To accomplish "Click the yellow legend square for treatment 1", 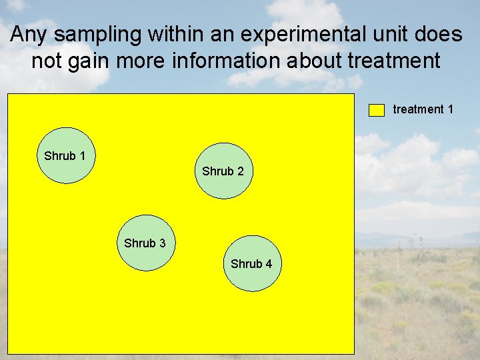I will pos(377,110).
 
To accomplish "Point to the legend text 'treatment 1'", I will pos(423,109).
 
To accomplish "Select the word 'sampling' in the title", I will pos(93,35).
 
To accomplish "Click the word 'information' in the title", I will pos(224,61).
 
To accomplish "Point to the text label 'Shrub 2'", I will pos(223,171).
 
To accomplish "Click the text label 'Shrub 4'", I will pos(251,264).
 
